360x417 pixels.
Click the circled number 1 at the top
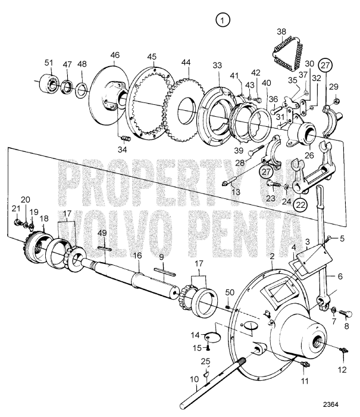(222, 21)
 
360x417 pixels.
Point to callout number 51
(48, 62)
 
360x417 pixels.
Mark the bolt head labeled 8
(348, 314)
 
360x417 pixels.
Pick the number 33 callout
(217, 66)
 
